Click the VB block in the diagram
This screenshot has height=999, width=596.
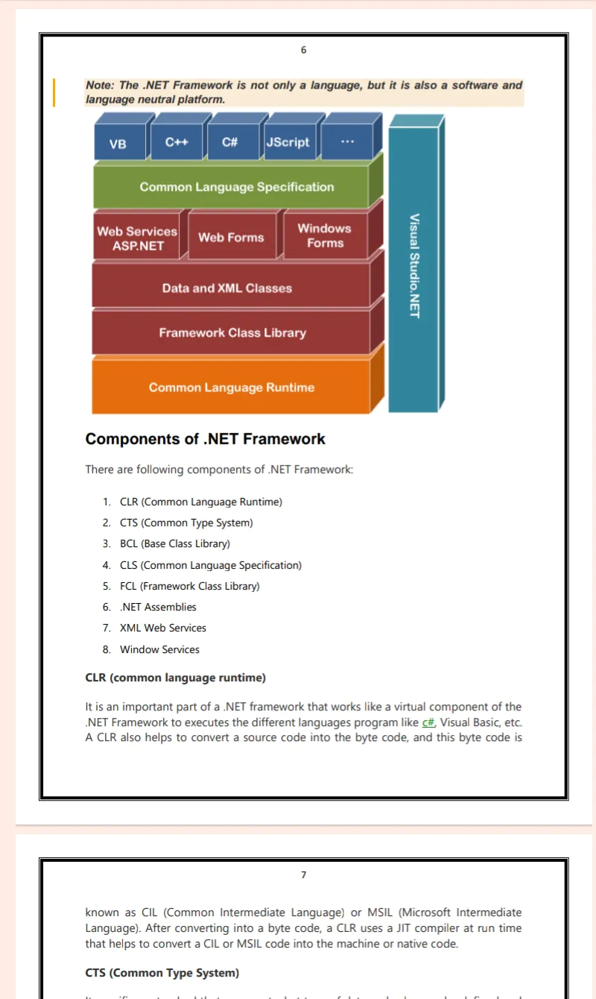point(118,144)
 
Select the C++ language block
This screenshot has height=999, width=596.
point(177,142)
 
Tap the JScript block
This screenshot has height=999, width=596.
point(288,142)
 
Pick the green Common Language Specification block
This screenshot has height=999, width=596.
point(236,187)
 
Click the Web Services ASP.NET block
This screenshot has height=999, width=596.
point(137,238)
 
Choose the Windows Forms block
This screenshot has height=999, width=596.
point(324,236)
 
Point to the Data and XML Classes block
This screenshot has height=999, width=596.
point(227,289)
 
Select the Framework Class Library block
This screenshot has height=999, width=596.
point(232,333)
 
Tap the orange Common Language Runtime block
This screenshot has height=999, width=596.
point(232,388)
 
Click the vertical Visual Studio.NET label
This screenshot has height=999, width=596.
point(414,265)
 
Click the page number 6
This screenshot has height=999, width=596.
point(303,50)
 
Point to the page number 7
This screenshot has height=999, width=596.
point(303,874)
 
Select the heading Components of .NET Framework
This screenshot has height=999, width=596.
point(206,439)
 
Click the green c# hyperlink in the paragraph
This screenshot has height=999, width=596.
point(428,722)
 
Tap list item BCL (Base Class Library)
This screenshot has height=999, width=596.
point(174,543)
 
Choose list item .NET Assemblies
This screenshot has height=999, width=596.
point(158,607)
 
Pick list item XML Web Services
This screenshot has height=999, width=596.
point(162,628)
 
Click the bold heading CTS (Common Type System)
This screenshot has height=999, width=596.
point(162,973)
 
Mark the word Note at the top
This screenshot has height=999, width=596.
point(101,85)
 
